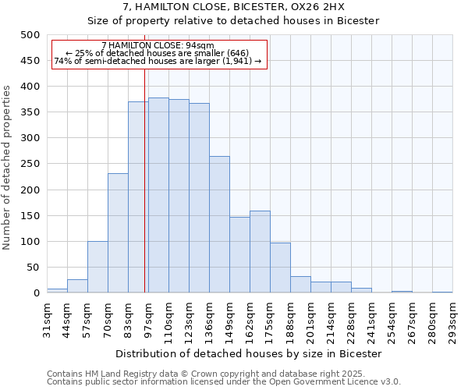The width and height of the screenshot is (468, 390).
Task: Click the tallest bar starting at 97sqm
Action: point(158,195)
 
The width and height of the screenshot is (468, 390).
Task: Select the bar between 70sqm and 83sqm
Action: point(118,233)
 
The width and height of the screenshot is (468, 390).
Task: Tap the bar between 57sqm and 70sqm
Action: point(97,267)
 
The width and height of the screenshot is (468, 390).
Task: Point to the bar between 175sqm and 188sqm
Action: point(280,268)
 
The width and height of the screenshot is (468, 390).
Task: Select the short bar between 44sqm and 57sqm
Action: point(77,286)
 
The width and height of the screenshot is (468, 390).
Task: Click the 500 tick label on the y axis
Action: point(30,35)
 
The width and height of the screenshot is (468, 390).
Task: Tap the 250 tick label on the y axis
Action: point(30,164)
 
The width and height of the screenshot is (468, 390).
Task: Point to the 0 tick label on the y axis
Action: point(36,293)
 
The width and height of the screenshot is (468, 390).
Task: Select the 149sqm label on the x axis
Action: point(230,321)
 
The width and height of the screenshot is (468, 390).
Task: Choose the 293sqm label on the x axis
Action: point(453,321)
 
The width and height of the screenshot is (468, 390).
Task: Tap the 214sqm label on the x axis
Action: point(331,321)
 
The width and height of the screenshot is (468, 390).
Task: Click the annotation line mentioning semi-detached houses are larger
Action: point(158,61)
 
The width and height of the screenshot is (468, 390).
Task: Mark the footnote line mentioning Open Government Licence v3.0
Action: point(224,382)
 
